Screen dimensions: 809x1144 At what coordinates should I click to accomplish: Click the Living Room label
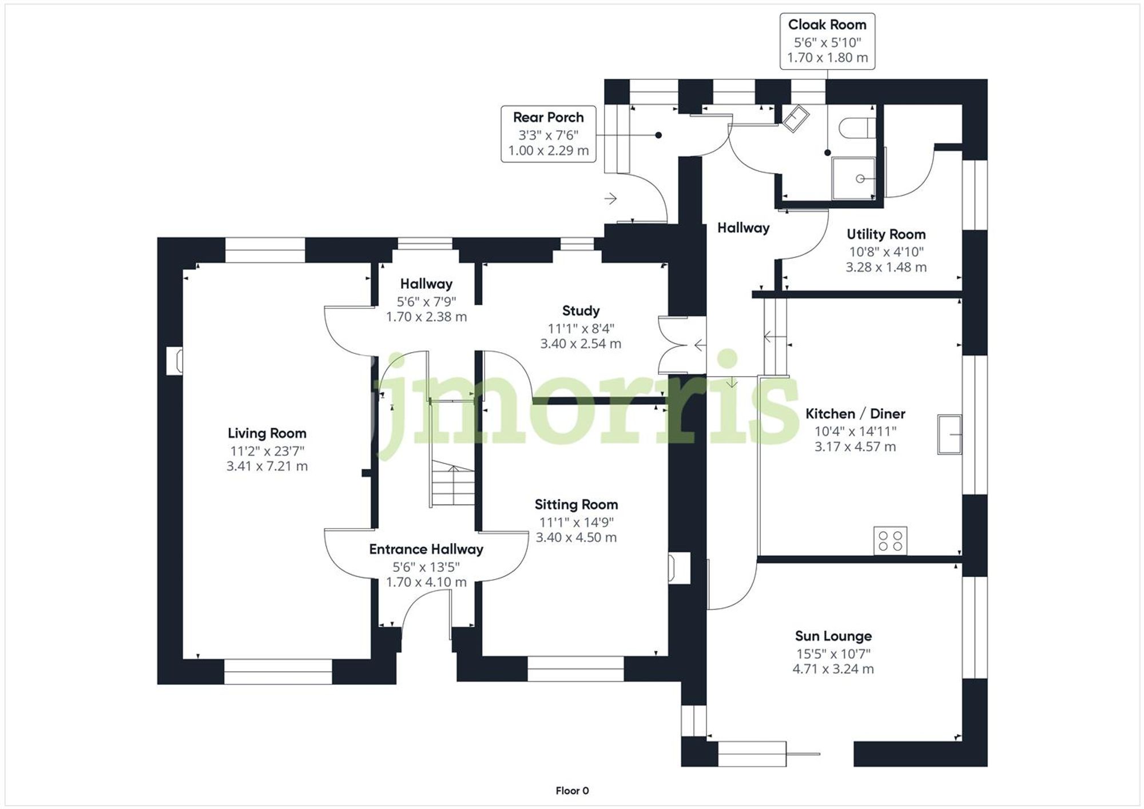[267, 433]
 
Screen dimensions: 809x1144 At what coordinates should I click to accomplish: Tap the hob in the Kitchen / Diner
[890, 541]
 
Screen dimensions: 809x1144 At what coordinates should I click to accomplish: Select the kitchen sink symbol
[950, 435]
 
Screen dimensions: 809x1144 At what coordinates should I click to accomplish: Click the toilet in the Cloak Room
[858, 127]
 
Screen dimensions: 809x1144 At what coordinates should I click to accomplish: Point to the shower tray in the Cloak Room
[853, 178]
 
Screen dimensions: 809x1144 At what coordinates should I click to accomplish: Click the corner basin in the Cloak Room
[796, 119]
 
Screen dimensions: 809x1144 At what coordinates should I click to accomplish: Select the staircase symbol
[452, 483]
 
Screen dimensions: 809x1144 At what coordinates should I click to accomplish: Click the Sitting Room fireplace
[678, 568]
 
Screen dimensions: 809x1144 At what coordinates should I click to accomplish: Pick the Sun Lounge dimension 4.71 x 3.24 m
[833, 669]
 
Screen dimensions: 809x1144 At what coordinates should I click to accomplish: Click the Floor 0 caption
[572, 791]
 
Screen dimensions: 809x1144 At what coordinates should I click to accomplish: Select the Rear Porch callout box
[548, 134]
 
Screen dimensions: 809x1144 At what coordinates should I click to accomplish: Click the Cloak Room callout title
[827, 25]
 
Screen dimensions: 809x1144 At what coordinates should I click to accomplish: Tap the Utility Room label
[885, 234]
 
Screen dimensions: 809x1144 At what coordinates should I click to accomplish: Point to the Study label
[581, 311]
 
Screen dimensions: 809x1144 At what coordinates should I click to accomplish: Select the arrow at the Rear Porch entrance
[610, 198]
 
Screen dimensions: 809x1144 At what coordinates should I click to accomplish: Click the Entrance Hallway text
[426, 549]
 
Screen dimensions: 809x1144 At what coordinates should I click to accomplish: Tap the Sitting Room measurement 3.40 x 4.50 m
[576, 537]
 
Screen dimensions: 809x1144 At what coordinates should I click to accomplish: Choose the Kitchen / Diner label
[855, 414]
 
